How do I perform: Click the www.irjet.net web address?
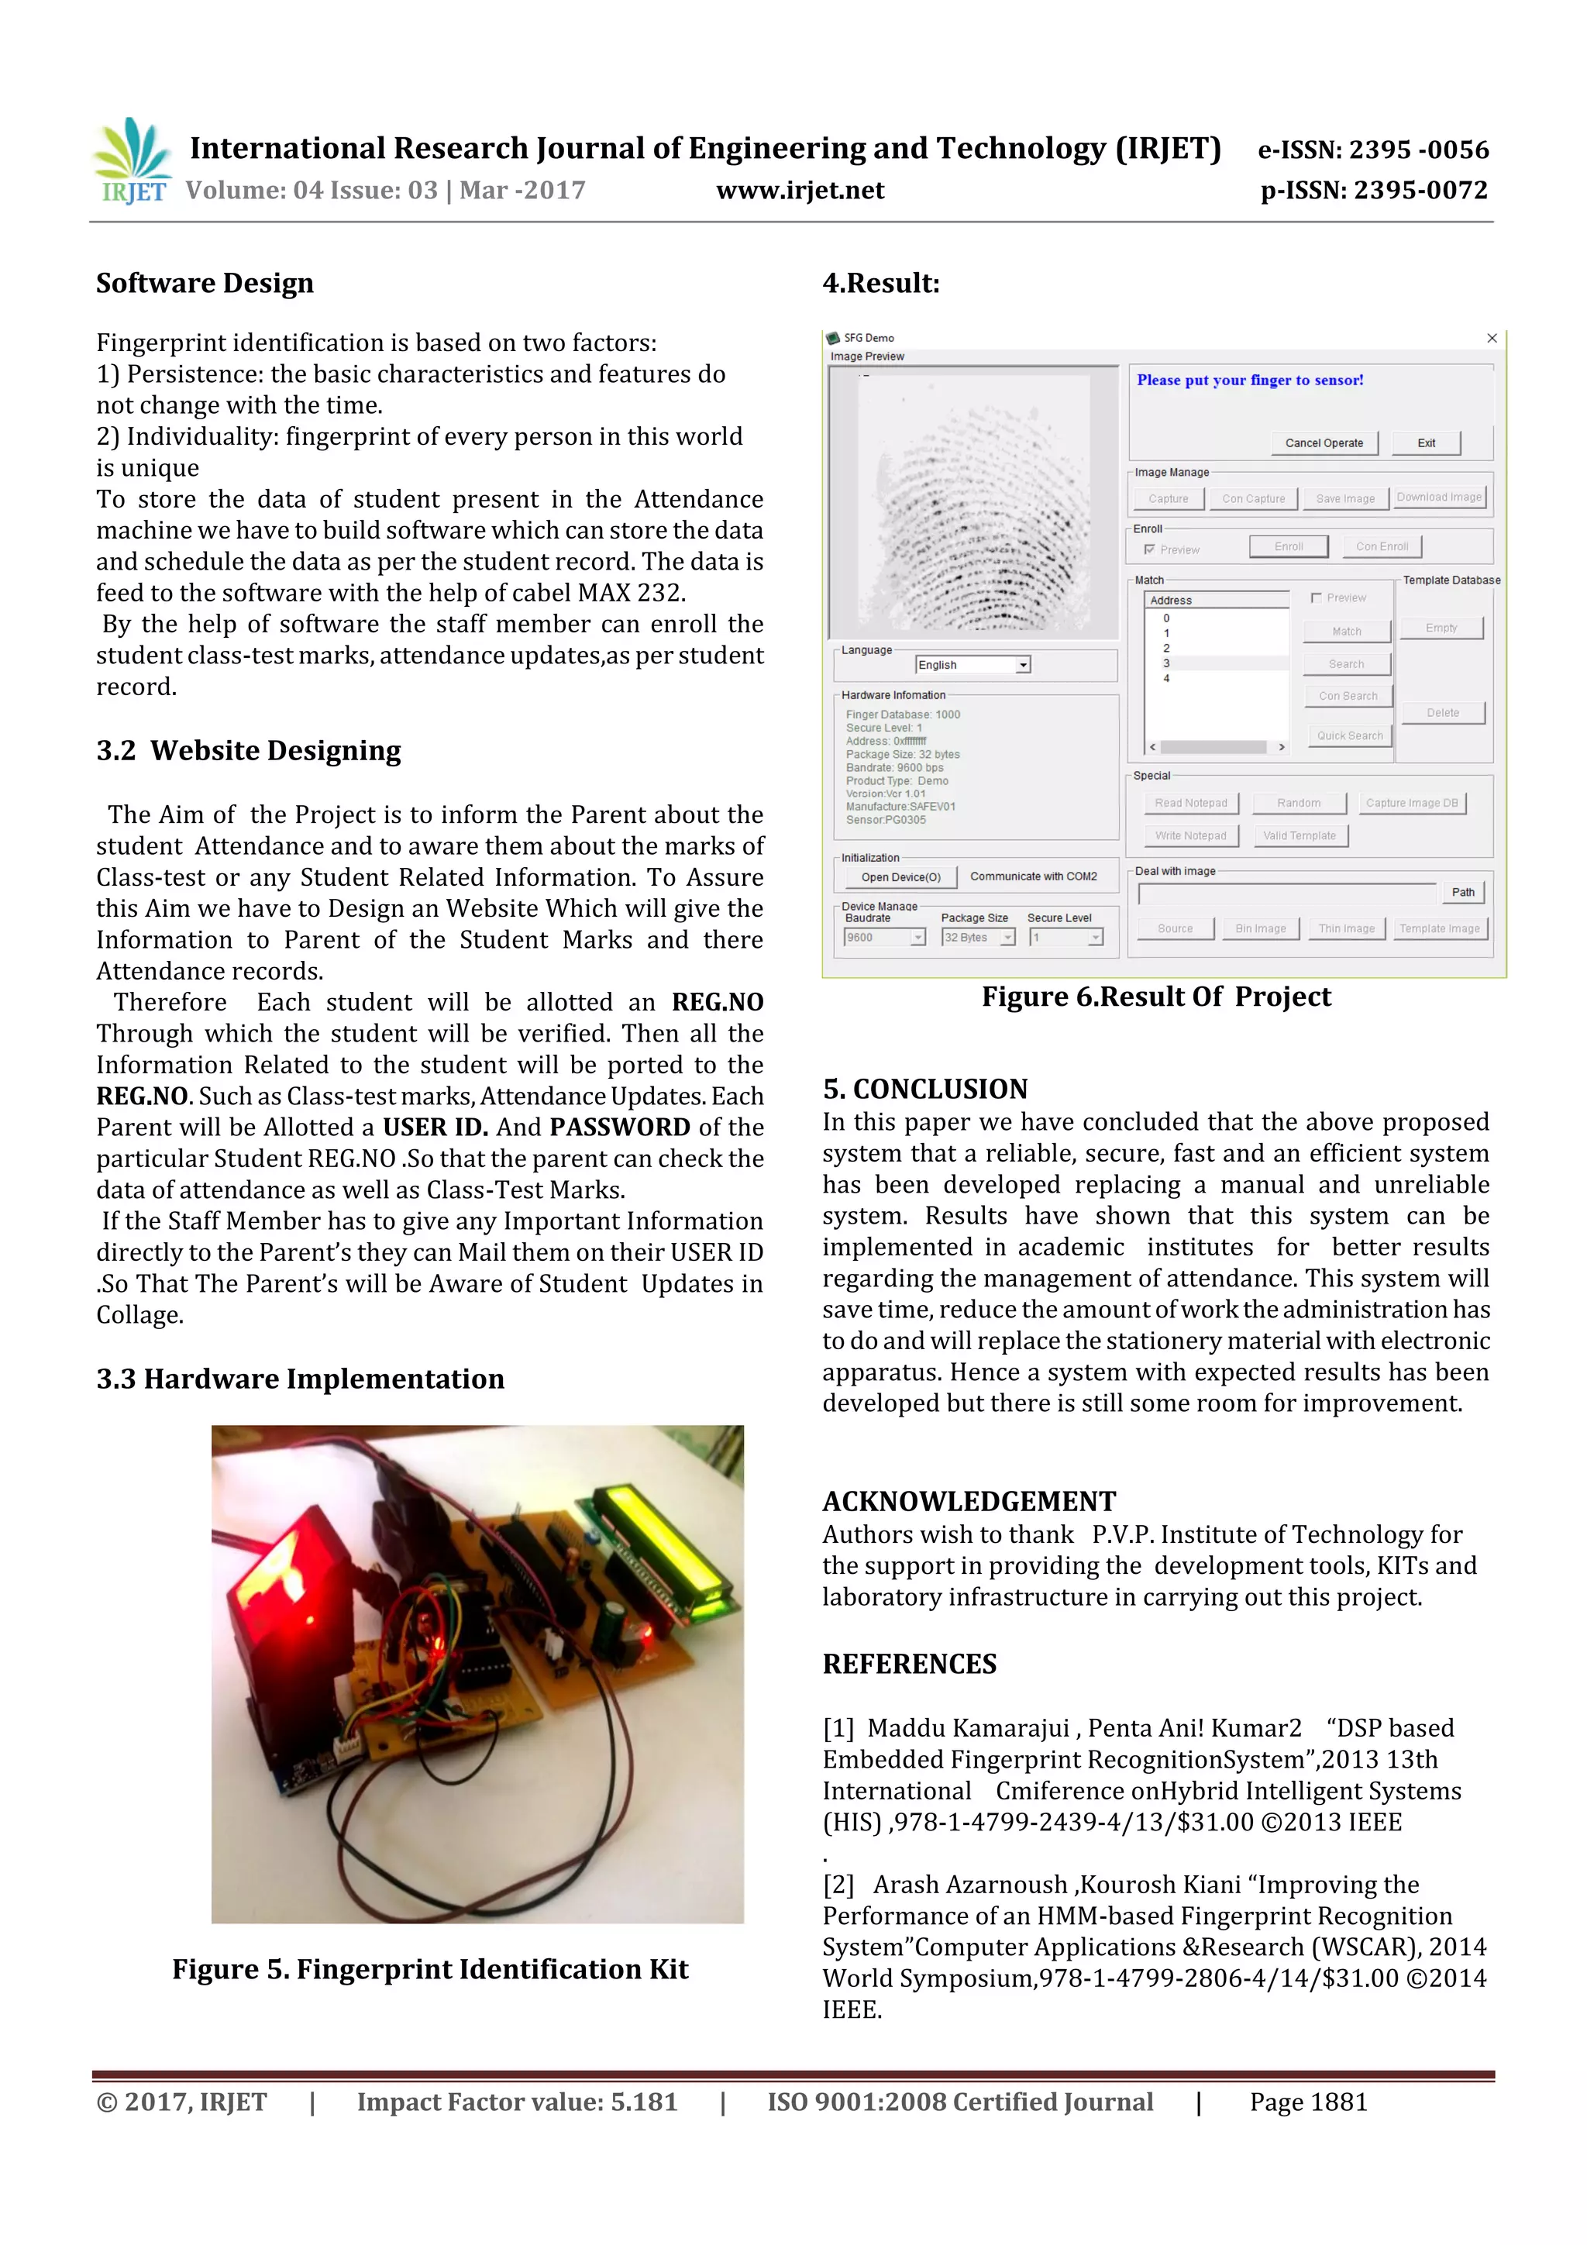click(800, 191)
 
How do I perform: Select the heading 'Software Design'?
click(205, 284)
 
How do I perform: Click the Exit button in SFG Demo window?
click(1426, 443)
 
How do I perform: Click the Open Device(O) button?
click(900, 877)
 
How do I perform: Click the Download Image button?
click(1438, 498)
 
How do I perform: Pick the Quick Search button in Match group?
click(1348, 735)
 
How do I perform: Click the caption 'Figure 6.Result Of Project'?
click(1156, 997)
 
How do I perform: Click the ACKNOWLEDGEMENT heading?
click(968, 1502)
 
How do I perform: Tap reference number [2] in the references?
click(838, 1885)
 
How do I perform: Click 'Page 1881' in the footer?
click(1307, 2102)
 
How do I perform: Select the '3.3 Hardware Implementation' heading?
click(300, 1379)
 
